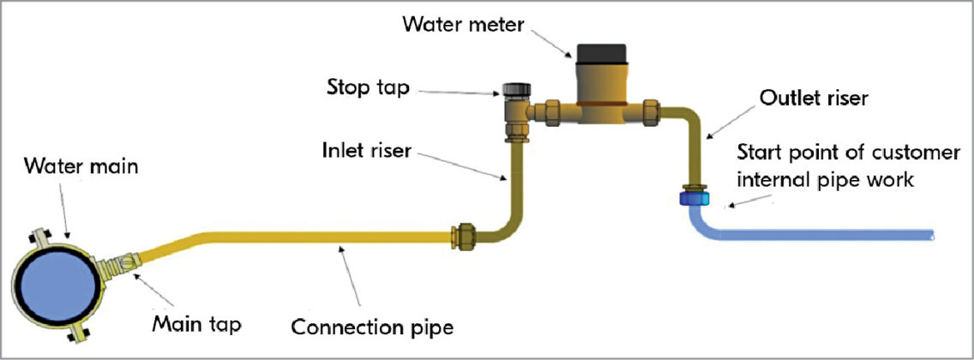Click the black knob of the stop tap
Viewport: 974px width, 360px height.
515,90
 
